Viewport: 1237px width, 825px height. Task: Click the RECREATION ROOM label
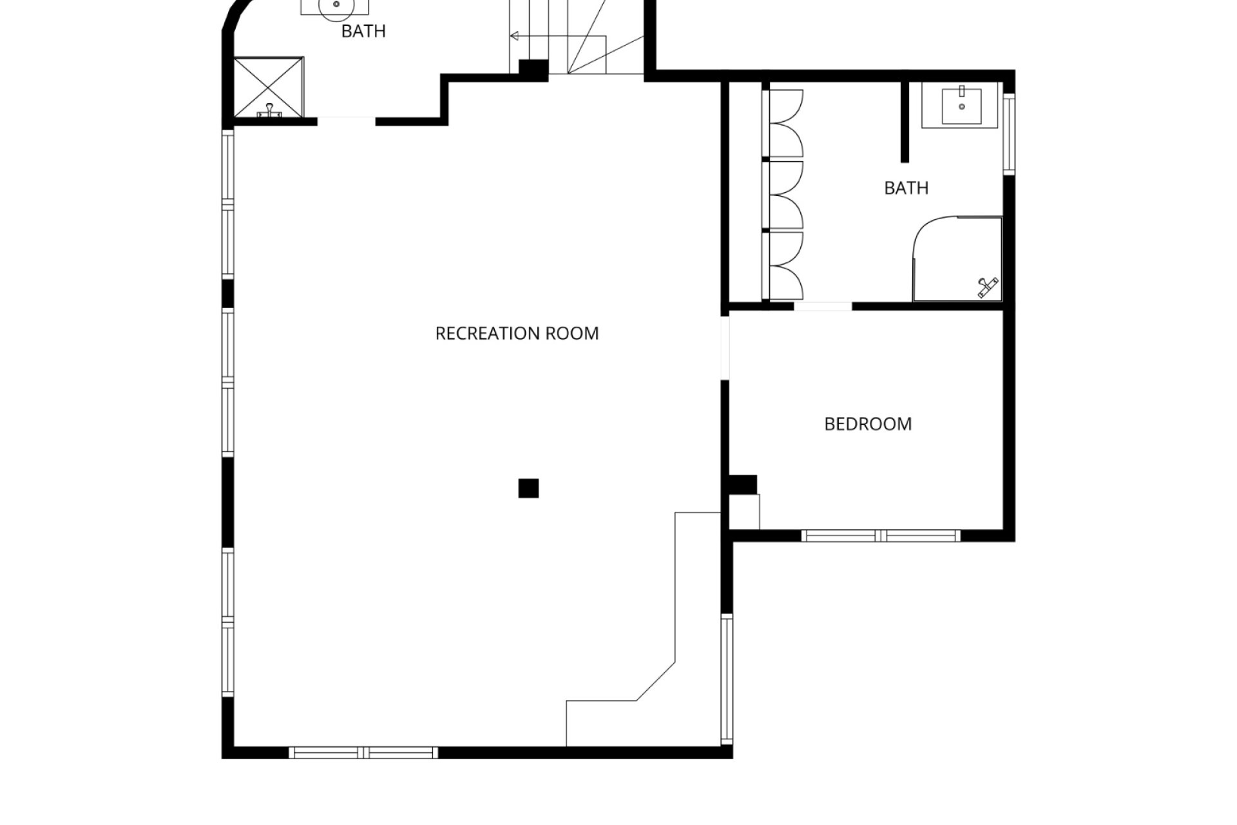tap(517, 333)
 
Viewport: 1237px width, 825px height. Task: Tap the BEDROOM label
tap(868, 424)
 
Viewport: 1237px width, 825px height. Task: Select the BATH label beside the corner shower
tap(906, 188)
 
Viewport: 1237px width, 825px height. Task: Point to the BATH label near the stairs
tap(363, 31)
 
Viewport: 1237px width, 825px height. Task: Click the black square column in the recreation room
tap(528, 489)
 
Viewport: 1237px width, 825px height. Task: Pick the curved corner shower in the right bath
tap(958, 259)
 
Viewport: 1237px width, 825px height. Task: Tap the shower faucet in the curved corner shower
tap(987, 287)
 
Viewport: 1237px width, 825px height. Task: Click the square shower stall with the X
tap(268, 88)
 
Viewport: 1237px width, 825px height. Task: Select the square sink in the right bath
tap(962, 106)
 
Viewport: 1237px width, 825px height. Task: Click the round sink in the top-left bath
tap(336, 5)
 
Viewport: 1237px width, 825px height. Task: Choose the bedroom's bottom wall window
tap(881, 535)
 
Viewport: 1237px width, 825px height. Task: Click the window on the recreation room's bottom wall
tap(363, 752)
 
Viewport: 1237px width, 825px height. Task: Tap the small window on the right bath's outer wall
tap(1010, 133)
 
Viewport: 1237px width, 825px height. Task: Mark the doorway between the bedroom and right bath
tap(823, 306)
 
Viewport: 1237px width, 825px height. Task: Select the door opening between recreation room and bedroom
tap(725, 347)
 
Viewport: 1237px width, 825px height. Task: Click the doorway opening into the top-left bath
tap(347, 121)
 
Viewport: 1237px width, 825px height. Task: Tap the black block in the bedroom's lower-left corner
tap(743, 485)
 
